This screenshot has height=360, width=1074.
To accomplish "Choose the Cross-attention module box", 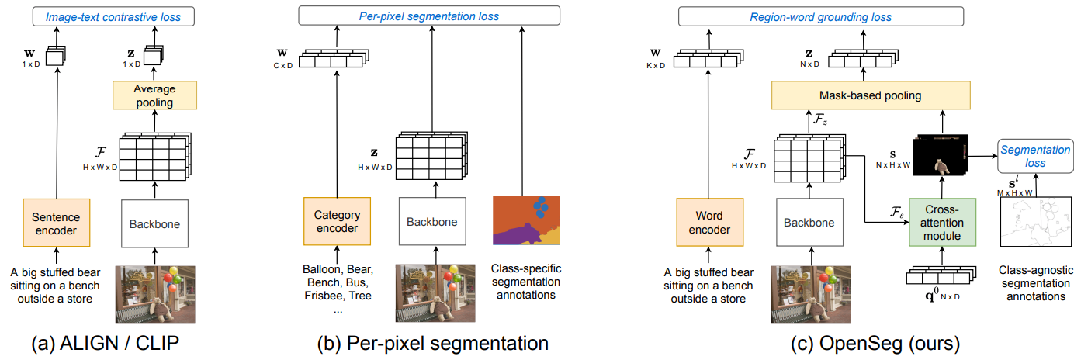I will (x=941, y=223).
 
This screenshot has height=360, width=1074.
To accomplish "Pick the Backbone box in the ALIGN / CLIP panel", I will (x=155, y=224).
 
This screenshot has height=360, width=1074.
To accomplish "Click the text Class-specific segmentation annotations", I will (x=526, y=282).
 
